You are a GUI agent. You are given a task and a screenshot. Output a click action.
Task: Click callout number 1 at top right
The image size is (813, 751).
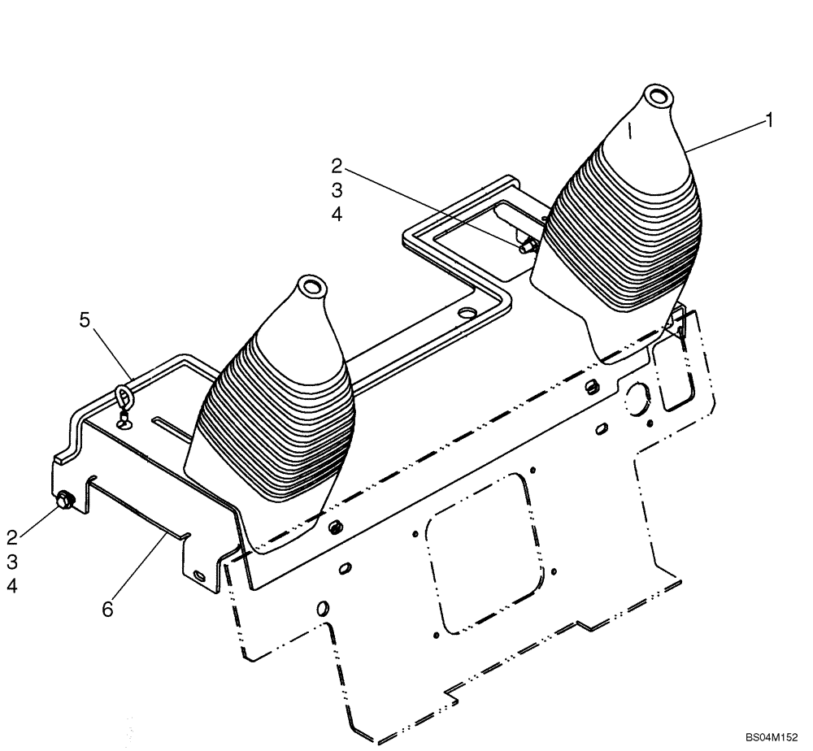(x=767, y=120)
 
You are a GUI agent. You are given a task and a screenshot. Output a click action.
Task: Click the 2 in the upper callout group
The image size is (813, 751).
(x=337, y=167)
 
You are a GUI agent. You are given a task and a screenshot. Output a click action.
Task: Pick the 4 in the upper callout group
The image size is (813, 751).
(x=337, y=215)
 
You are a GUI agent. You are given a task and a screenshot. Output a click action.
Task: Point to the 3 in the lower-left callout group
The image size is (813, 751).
(x=12, y=561)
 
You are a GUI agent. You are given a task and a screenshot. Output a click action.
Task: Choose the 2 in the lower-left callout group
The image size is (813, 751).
(x=12, y=536)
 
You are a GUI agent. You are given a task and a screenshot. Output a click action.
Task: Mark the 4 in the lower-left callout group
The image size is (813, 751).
(x=12, y=585)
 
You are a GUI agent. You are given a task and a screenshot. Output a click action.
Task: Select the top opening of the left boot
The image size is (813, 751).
(x=311, y=286)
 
